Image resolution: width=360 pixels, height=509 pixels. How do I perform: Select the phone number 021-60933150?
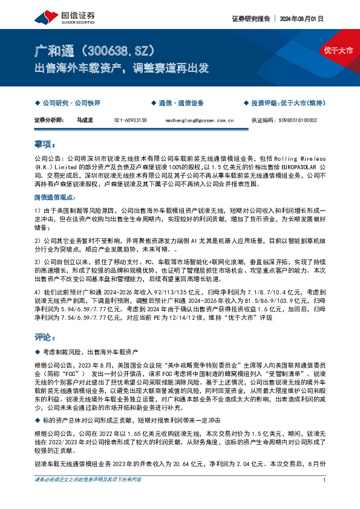(x=131, y=120)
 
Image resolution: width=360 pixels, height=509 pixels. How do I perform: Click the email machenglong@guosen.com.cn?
(x=195, y=120)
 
